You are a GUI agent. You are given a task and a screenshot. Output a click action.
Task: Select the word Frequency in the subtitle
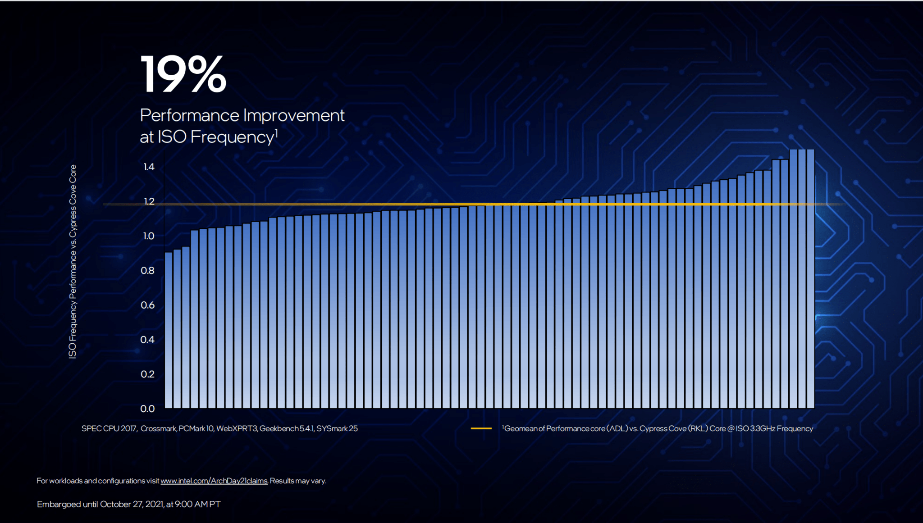coord(233,137)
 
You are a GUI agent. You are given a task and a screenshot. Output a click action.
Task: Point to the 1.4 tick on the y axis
coord(149,167)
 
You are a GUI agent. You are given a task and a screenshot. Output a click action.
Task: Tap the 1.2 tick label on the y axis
coord(149,201)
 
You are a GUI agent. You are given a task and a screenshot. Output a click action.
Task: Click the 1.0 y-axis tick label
coord(148,236)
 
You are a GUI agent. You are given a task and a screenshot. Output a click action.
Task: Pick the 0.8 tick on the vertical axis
coord(147,271)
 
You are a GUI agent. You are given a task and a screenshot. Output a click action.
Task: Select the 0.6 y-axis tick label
coord(147,305)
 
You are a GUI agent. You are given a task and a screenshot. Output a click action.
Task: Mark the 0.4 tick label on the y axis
coord(147,340)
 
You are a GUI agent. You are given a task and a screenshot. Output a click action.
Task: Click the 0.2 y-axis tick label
coord(147,374)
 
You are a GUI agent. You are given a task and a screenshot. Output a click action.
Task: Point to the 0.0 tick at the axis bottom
coord(147,409)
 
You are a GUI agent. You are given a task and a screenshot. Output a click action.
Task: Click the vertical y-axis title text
coord(73,261)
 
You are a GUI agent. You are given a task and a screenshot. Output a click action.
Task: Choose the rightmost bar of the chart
coord(810,279)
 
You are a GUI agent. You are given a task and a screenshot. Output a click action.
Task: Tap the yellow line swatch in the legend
coord(481,428)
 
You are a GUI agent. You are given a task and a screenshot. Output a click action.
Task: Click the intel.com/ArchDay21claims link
coord(214,481)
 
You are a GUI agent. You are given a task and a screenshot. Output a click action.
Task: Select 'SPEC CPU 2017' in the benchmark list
coord(109,428)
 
